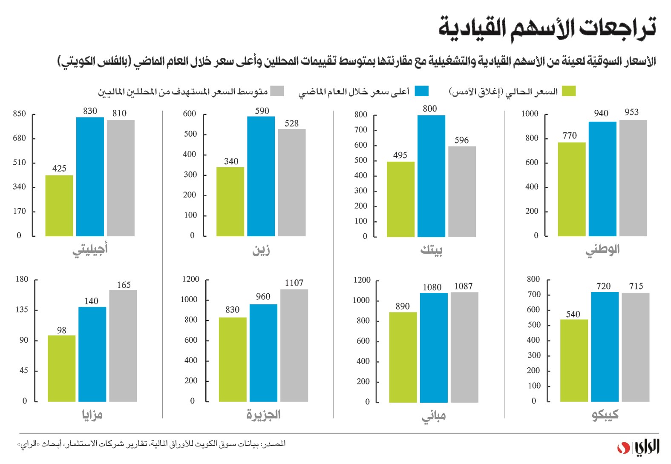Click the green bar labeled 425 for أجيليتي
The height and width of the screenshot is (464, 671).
coord(59,206)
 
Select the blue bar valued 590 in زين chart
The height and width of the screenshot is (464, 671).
coord(261,176)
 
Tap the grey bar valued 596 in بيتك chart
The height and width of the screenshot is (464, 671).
coord(462,192)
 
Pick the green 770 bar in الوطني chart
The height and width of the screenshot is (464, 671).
coord(571,189)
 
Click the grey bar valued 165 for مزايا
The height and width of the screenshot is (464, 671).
coord(123,346)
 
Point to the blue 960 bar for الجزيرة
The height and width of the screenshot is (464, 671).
coord(263,353)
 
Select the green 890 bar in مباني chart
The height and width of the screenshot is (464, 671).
coord(403,357)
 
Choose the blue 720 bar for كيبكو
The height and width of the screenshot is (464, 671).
coord(605,347)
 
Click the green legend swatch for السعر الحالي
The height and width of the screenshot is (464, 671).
coord(569,91)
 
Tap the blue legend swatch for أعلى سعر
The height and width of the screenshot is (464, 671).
coord(422,91)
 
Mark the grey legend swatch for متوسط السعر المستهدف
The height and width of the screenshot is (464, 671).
coord(277,91)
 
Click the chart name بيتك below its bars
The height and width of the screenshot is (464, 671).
coord(431,250)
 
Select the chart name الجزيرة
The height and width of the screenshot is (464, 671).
coord(263,415)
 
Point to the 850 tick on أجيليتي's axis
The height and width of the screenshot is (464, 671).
coord(20,114)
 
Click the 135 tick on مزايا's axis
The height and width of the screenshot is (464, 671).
coord(22,309)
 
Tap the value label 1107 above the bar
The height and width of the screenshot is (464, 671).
coord(294,283)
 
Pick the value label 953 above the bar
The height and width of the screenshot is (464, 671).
coord(631,112)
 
